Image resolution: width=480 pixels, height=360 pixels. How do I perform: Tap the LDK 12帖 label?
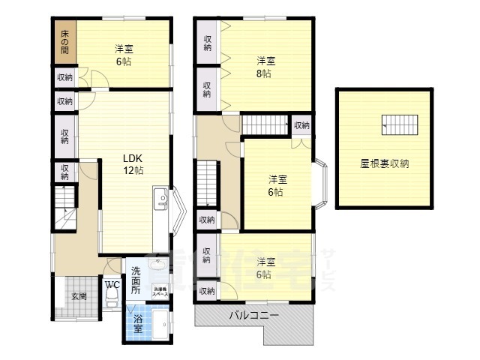click(134, 163)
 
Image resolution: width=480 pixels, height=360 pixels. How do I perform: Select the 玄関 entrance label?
click(79, 296)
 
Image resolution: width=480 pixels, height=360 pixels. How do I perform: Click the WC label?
click(112, 285)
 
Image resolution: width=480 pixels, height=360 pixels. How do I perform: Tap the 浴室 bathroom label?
click(139, 323)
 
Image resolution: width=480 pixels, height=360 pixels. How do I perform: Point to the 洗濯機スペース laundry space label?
click(160, 292)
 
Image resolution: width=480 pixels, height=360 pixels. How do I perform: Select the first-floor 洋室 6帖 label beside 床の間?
click(124, 55)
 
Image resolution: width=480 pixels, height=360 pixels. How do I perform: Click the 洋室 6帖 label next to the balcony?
click(264, 268)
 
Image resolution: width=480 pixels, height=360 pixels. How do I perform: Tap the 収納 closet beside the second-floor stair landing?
click(301, 125)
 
